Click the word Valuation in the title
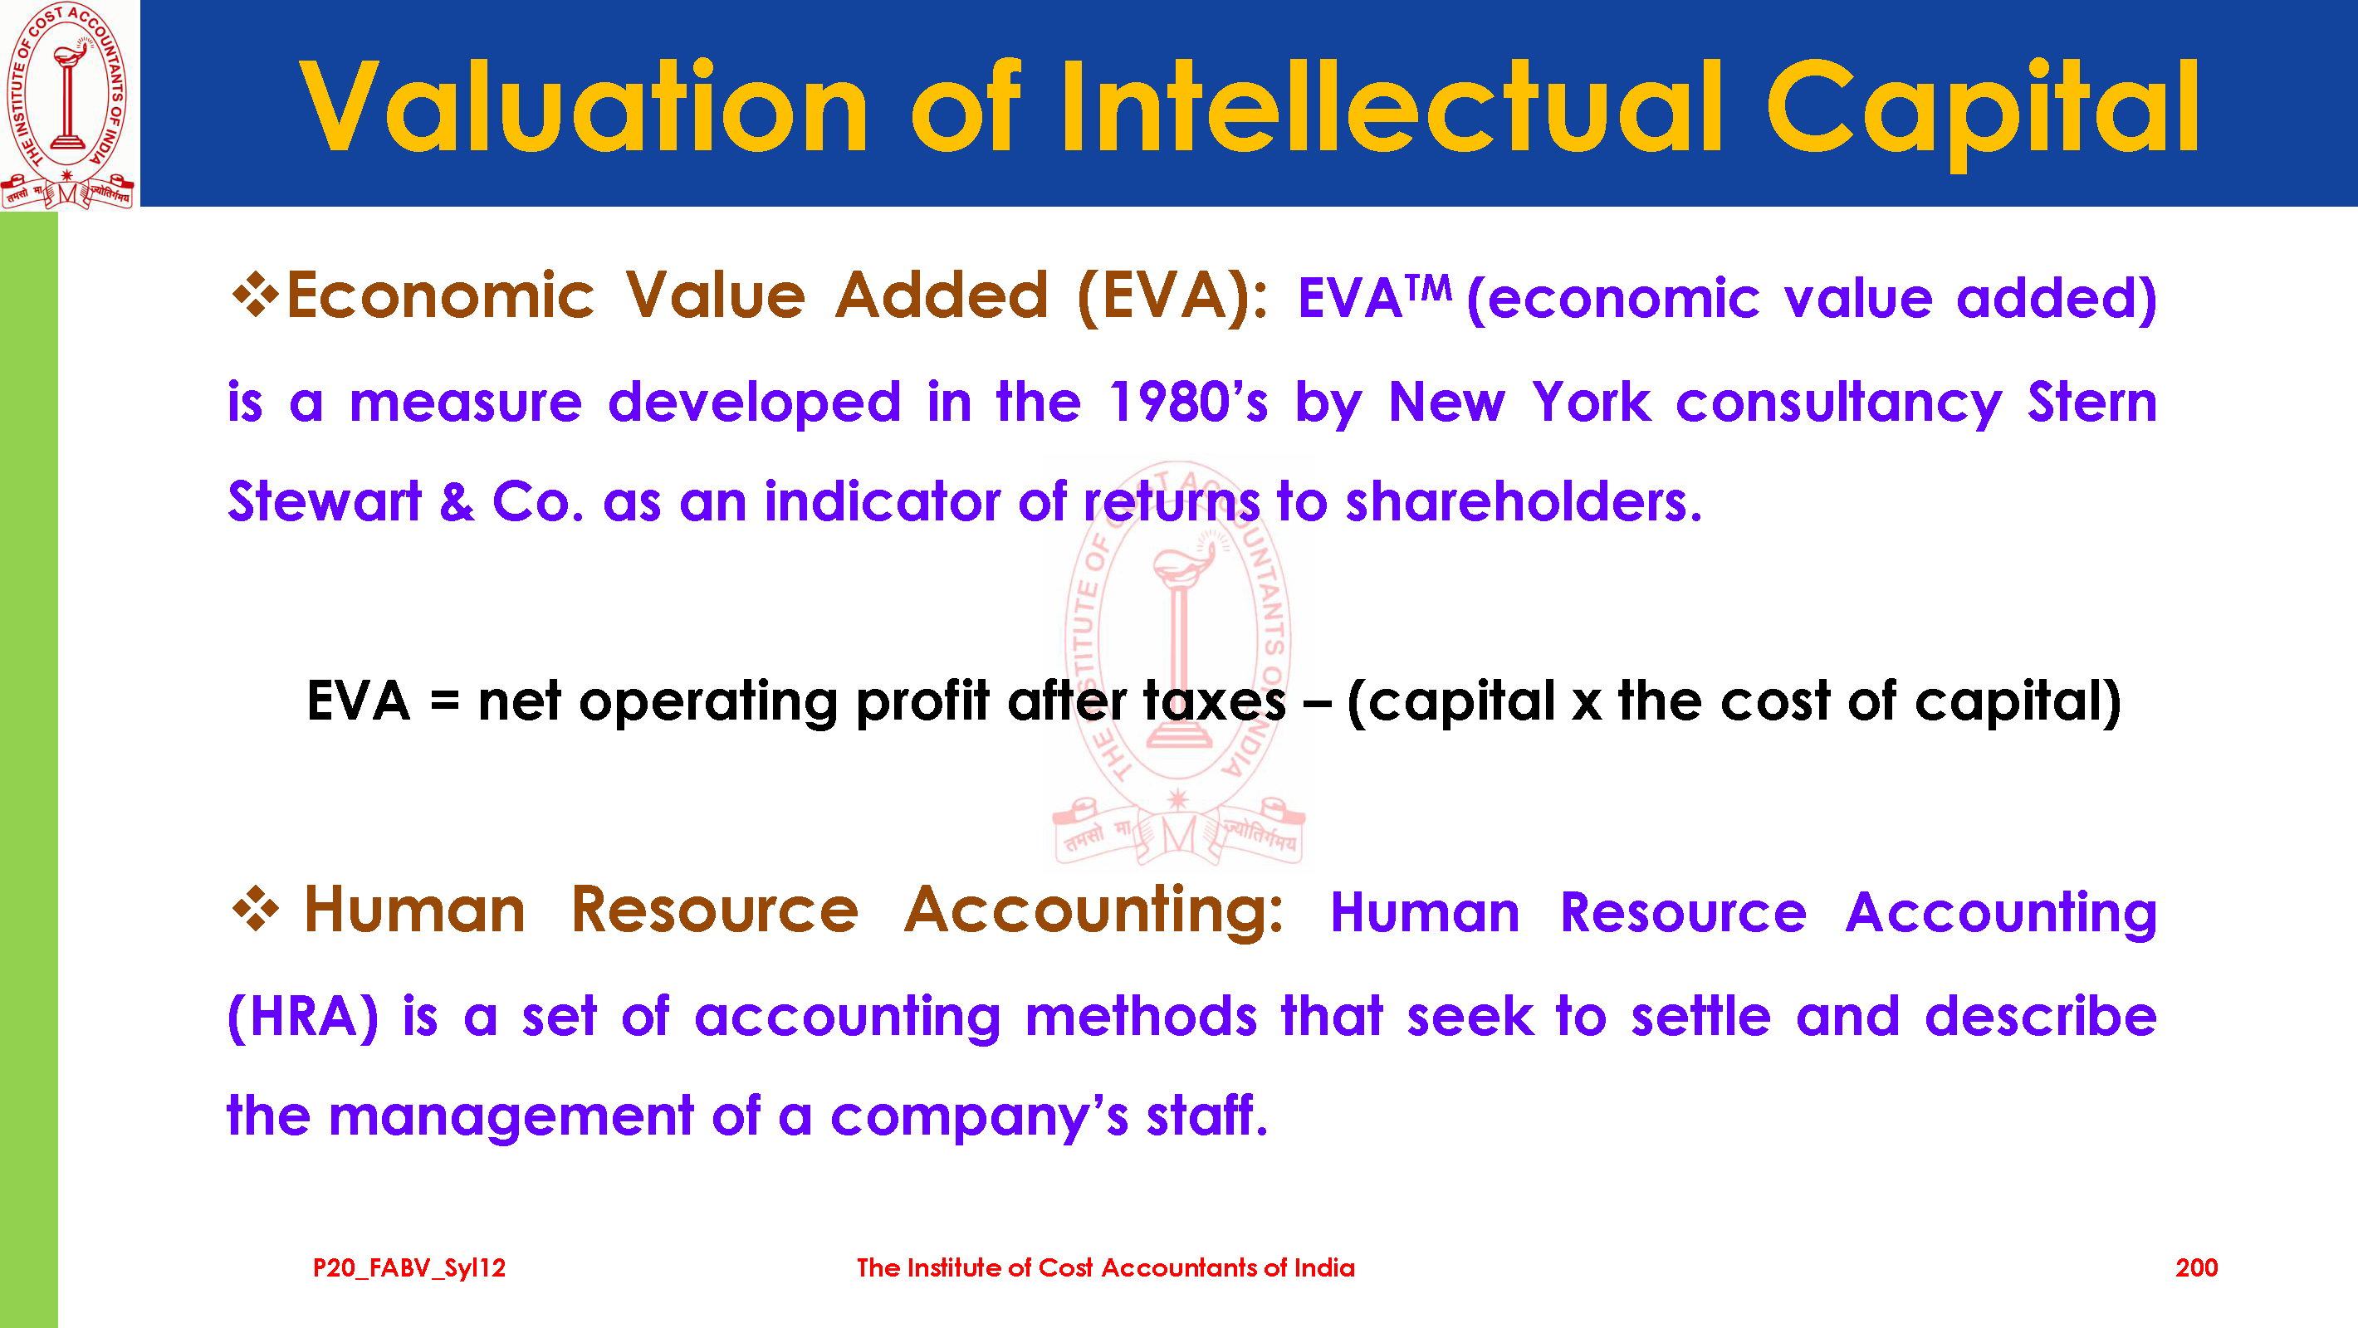584,106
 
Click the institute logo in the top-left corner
69,105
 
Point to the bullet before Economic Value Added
256,295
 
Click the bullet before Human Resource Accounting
256,909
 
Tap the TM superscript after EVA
1429,289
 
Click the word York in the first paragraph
1592,402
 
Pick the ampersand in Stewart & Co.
457,501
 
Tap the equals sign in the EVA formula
445,703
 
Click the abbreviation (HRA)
303,1017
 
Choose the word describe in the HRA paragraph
2040,1015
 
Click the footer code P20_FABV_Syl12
409,1268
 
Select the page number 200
2196,1267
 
